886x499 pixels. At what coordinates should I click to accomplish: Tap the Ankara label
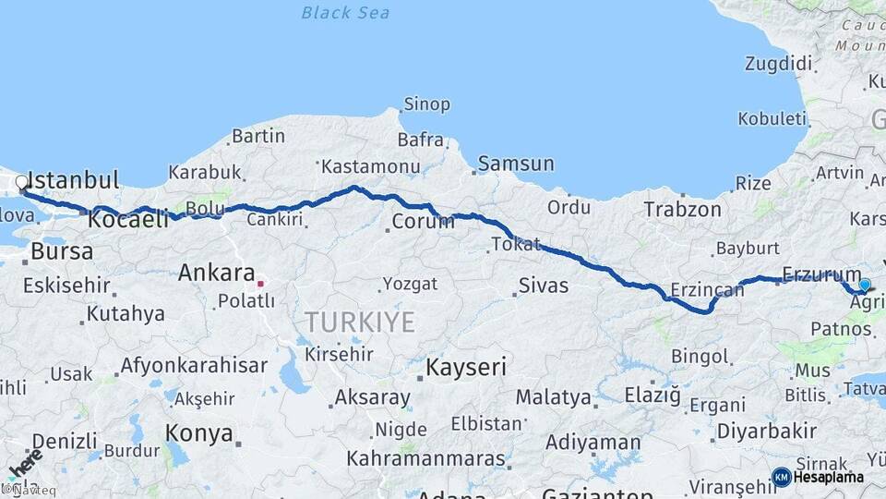click(x=216, y=273)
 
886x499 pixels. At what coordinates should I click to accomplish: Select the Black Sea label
click(x=345, y=13)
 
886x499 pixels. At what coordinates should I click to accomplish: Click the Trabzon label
click(x=682, y=210)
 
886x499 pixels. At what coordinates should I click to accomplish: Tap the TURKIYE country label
click(x=360, y=322)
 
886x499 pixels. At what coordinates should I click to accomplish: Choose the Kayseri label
click(x=466, y=368)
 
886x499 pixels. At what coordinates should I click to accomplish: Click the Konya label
click(x=198, y=432)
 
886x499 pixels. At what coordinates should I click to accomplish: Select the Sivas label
click(x=544, y=285)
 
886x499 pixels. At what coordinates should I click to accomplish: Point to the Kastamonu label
click(x=371, y=166)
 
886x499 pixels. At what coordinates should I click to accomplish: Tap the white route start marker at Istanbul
click(x=21, y=182)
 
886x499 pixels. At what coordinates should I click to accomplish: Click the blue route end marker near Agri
click(x=865, y=285)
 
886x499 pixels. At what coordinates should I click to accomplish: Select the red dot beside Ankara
click(x=261, y=284)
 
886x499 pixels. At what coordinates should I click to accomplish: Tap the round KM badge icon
click(x=781, y=477)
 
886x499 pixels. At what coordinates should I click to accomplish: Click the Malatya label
click(x=553, y=398)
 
